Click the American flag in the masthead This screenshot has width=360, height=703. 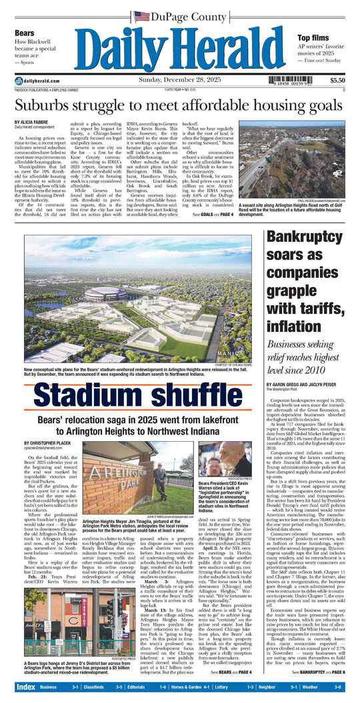tap(141, 15)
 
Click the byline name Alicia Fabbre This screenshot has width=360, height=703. tap(33, 123)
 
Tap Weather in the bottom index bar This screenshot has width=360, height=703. tap(317, 686)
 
